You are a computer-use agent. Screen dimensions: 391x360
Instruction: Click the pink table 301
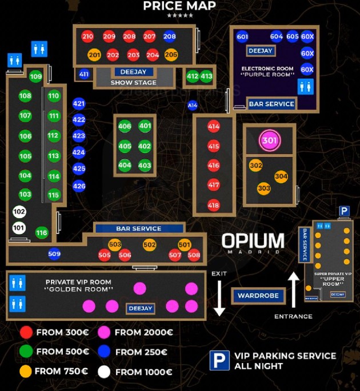click(269, 140)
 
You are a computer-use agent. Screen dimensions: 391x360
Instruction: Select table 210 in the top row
click(87, 37)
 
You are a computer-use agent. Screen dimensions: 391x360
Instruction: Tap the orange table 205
click(171, 55)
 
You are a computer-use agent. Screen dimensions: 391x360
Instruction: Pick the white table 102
click(19, 212)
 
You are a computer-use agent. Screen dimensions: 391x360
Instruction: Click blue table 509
click(54, 254)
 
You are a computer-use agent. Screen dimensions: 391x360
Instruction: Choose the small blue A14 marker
click(193, 106)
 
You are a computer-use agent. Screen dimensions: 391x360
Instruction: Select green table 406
click(125, 126)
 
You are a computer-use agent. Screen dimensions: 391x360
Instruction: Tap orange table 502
click(150, 245)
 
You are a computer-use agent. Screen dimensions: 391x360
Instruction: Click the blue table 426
click(79, 186)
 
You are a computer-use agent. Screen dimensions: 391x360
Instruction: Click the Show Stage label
click(133, 83)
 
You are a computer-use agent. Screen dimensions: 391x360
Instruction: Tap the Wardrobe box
click(258, 296)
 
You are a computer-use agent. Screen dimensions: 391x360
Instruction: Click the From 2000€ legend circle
click(104, 332)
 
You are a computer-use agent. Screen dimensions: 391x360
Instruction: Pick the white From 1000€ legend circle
click(103, 372)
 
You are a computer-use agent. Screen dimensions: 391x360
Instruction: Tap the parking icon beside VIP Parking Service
click(219, 360)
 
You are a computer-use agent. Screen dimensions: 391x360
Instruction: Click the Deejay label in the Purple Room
click(261, 51)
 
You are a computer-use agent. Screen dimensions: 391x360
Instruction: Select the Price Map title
click(179, 6)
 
